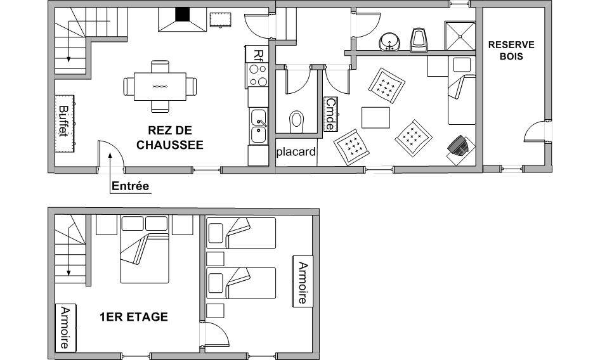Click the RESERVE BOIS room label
pos(511,51)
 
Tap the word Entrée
pos(130,186)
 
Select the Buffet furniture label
pos(63,121)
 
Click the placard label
pos(296,152)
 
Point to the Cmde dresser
pos(330,114)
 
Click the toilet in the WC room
pos(297,121)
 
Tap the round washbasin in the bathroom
pos(389,42)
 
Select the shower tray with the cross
pos(460,36)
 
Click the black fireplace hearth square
pos(183,15)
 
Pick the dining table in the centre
pos(160,86)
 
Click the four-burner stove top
pos(258,75)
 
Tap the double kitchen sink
pos(259,126)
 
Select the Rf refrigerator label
pos(259,55)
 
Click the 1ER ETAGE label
pos(134,317)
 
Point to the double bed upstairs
pos(145,249)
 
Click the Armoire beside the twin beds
pos(303,281)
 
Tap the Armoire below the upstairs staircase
pos(65,328)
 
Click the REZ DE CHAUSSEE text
pos(170,138)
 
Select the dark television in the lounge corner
pos(458,146)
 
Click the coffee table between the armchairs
pos(375,118)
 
